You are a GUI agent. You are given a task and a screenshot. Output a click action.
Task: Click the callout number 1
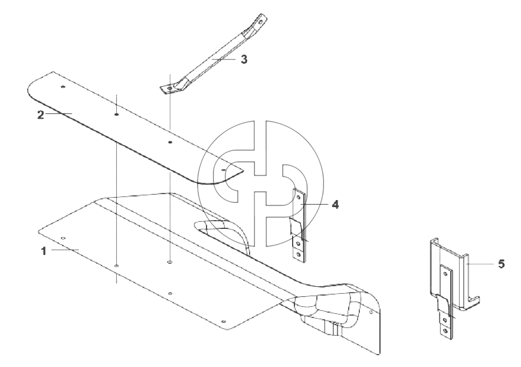pos(44,251)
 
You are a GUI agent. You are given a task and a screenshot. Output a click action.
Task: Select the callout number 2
pos(41,115)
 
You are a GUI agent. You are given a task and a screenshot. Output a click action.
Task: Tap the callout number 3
pos(244,60)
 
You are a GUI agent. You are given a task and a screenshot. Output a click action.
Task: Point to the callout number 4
pos(336,205)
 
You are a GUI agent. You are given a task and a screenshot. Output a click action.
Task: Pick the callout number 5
pos(502,264)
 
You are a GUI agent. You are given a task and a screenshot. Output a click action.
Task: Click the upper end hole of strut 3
pos(261,22)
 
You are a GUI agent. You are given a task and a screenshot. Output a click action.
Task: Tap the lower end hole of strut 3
pos(170,88)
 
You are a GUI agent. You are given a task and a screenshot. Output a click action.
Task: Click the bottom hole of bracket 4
pos(299,255)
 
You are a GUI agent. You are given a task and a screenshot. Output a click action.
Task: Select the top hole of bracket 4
pos(299,197)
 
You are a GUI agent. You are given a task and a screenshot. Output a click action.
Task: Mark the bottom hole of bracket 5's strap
pos(445,331)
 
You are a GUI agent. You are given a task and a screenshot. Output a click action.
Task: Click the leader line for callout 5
pos(480,264)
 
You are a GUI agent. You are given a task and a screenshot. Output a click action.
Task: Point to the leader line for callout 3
pos(225,59)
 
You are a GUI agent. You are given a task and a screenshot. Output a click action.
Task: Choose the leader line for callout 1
pos(65,250)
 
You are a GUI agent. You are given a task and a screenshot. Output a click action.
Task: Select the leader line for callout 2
pos(59,114)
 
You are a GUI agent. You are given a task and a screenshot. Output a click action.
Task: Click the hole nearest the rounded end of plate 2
pos(63,87)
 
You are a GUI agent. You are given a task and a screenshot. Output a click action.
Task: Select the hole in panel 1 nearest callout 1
pos(64,238)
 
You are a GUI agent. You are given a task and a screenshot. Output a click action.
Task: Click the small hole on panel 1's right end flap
pos(371,312)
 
